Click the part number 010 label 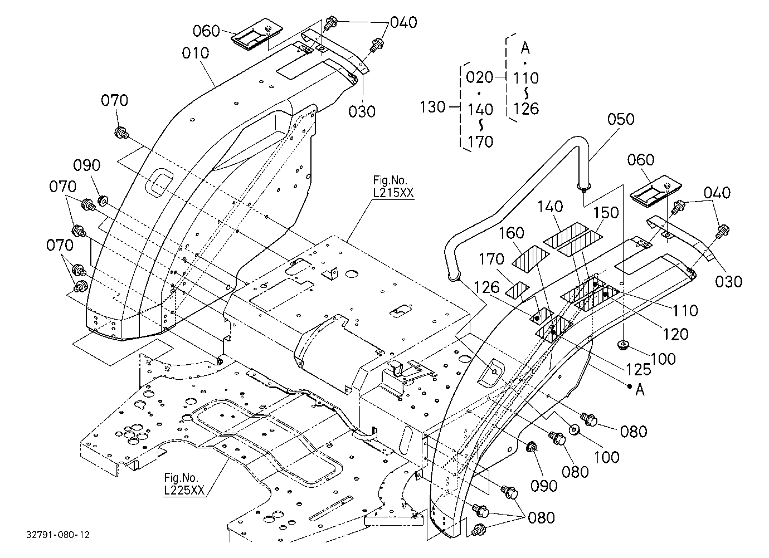[x=196, y=53]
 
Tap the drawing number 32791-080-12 [x=58, y=535]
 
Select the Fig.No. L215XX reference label [x=393, y=187]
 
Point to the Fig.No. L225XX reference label [x=184, y=484]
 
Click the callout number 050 [x=621, y=119]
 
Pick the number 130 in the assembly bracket [x=433, y=107]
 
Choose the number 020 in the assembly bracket [x=479, y=77]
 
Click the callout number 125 [x=639, y=369]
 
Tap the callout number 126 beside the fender [x=486, y=287]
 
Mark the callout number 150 [x=606, y=213]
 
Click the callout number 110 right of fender [x=685, y=311]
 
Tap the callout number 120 [x=675, y=334]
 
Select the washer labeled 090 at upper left [x=103, y=200]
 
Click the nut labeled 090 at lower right [x=532, y=447]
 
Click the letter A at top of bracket [x=525, y=48]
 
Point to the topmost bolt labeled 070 [x=121, y=133]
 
